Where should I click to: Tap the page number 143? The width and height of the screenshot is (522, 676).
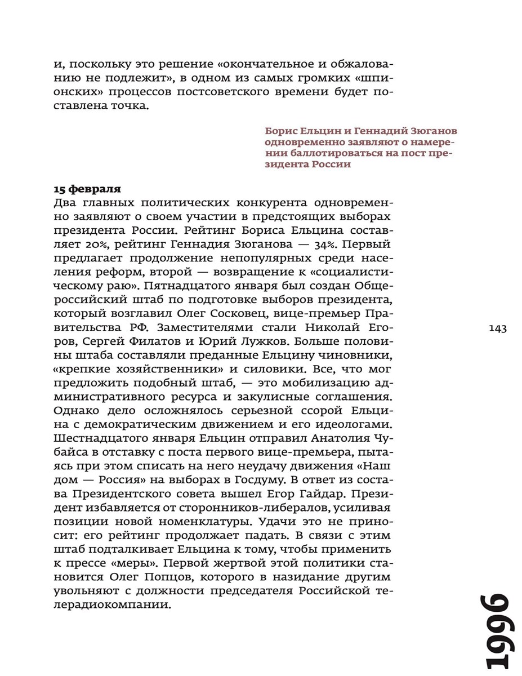pyautogui.click(x=498, y=328)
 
